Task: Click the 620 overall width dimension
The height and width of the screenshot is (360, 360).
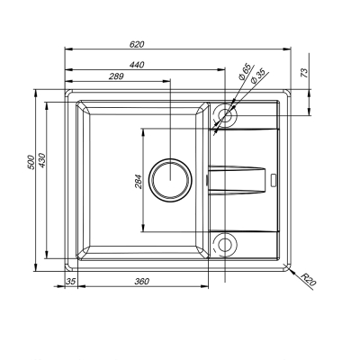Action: coord(137,44)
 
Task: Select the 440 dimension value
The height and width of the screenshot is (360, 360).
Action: coord(137,65)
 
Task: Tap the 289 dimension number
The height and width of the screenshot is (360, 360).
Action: coord(116,76)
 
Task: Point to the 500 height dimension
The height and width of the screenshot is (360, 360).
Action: coord(31,162)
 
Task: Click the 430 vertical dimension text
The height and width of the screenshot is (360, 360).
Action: coord(41,160)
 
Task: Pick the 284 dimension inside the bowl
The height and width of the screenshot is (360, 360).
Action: coord(139,181)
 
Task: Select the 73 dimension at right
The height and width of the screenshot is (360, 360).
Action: coord(304,73)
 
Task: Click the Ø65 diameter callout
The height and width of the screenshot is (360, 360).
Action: coord(245,72)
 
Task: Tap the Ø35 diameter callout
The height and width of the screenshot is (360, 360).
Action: coord(256,76)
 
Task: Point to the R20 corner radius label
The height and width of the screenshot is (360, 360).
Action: coord(309,279)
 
